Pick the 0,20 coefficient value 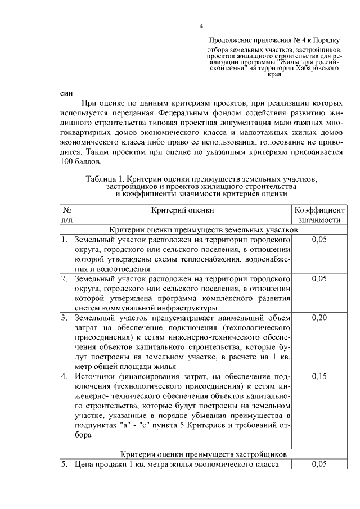(x=319, y=318)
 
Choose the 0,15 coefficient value (x=319, y=376)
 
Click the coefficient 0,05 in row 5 (x=319, y=464)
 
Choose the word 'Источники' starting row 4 (x=93, y=376)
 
